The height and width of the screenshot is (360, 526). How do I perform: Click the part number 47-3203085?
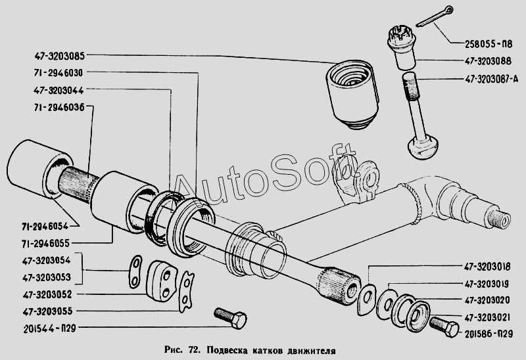59,56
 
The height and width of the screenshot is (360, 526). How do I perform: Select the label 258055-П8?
489,44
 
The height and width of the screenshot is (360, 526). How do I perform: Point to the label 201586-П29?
489,334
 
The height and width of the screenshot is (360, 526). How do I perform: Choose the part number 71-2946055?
45,243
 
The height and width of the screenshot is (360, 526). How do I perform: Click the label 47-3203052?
47,295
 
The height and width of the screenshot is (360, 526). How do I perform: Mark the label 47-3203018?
487,267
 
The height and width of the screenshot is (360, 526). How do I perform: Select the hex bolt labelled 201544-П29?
231,318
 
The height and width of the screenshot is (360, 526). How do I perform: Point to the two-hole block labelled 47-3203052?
160,281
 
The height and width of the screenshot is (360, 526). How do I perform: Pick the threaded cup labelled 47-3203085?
352,94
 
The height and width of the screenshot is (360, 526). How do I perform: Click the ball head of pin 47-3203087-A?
422,147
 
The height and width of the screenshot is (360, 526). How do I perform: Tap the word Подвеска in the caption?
227,351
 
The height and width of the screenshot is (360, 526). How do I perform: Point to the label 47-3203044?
59,91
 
